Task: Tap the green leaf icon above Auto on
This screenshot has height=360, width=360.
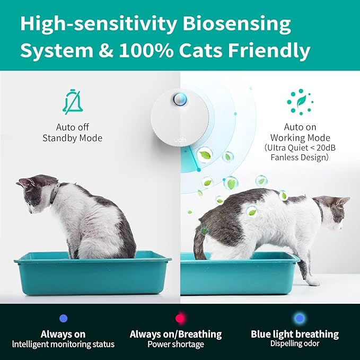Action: click(x=301, y=102)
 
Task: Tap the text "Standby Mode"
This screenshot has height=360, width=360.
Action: click(x=72, y=138)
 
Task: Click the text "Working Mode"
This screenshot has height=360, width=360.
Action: click(x=301, y=138)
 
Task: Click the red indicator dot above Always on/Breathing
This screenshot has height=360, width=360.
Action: click(x=180, y=319)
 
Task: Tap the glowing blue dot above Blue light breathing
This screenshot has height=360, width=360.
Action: click(x=300, y=319)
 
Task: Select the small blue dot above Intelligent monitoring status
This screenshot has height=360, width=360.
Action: click(x=64, y=318)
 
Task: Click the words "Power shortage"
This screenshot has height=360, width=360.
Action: click(x=175, y=344)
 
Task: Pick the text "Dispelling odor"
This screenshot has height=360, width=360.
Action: click(x=295, y=344)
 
